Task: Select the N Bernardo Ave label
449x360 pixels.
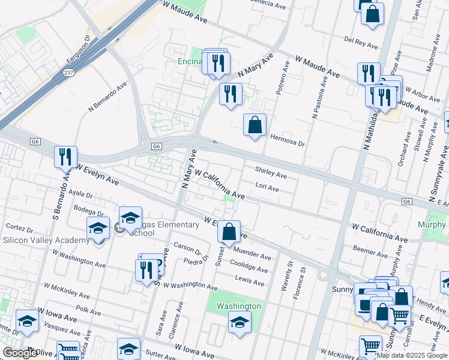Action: tap(108, 97)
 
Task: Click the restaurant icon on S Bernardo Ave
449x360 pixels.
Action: tap(65, 157)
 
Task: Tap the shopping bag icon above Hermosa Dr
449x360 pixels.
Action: tap(255, 125)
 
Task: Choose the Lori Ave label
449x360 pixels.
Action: tap(267, 188)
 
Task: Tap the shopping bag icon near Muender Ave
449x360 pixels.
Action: tap(229, 231)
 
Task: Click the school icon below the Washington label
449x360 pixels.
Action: tap(240, 323)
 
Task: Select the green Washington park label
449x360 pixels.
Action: tap(238, 306)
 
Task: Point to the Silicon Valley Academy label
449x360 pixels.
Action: tap(41, 239)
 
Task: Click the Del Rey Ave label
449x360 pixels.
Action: tap(361, 43)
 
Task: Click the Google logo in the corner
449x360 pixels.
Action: tap(20, 353)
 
